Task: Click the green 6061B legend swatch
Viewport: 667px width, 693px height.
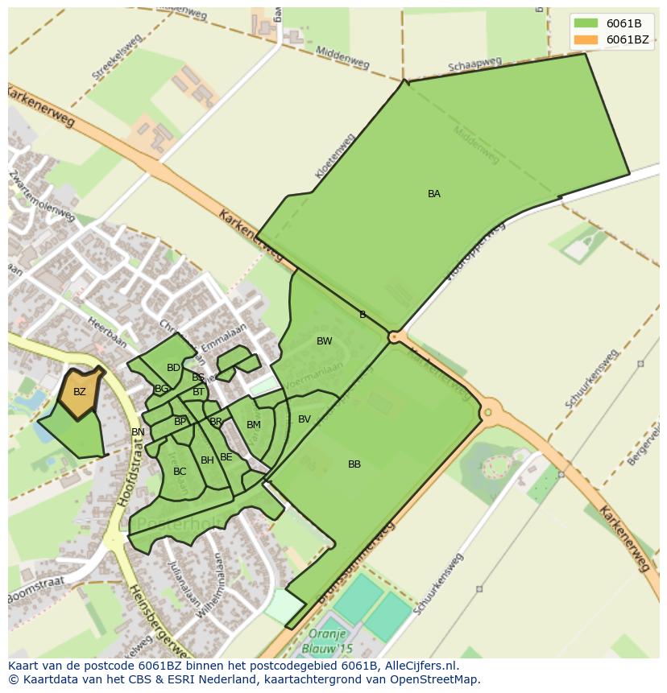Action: click(x=586, y=23)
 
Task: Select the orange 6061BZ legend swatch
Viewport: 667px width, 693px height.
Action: click(x=586, y=39)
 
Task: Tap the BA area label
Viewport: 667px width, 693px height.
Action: click(x=434, y=194)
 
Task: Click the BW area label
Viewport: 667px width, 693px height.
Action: click(x=325, y=341)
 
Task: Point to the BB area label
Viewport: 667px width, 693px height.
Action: click(x=354, y=464)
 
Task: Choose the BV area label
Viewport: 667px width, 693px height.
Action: click(x=304, y=419)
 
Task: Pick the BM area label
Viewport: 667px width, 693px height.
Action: click(x=254, y=425)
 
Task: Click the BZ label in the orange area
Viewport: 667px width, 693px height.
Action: click(x=80, y=392)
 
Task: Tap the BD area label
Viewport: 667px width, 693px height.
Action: click(x=173, y=368)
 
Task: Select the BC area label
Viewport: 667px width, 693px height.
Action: click(x=180, y=472)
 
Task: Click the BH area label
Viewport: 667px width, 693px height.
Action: click(x=207, y=460)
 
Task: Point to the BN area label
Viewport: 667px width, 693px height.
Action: click(x=138, y=432)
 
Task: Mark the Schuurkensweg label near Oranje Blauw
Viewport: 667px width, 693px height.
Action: click(x=438, y=584)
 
